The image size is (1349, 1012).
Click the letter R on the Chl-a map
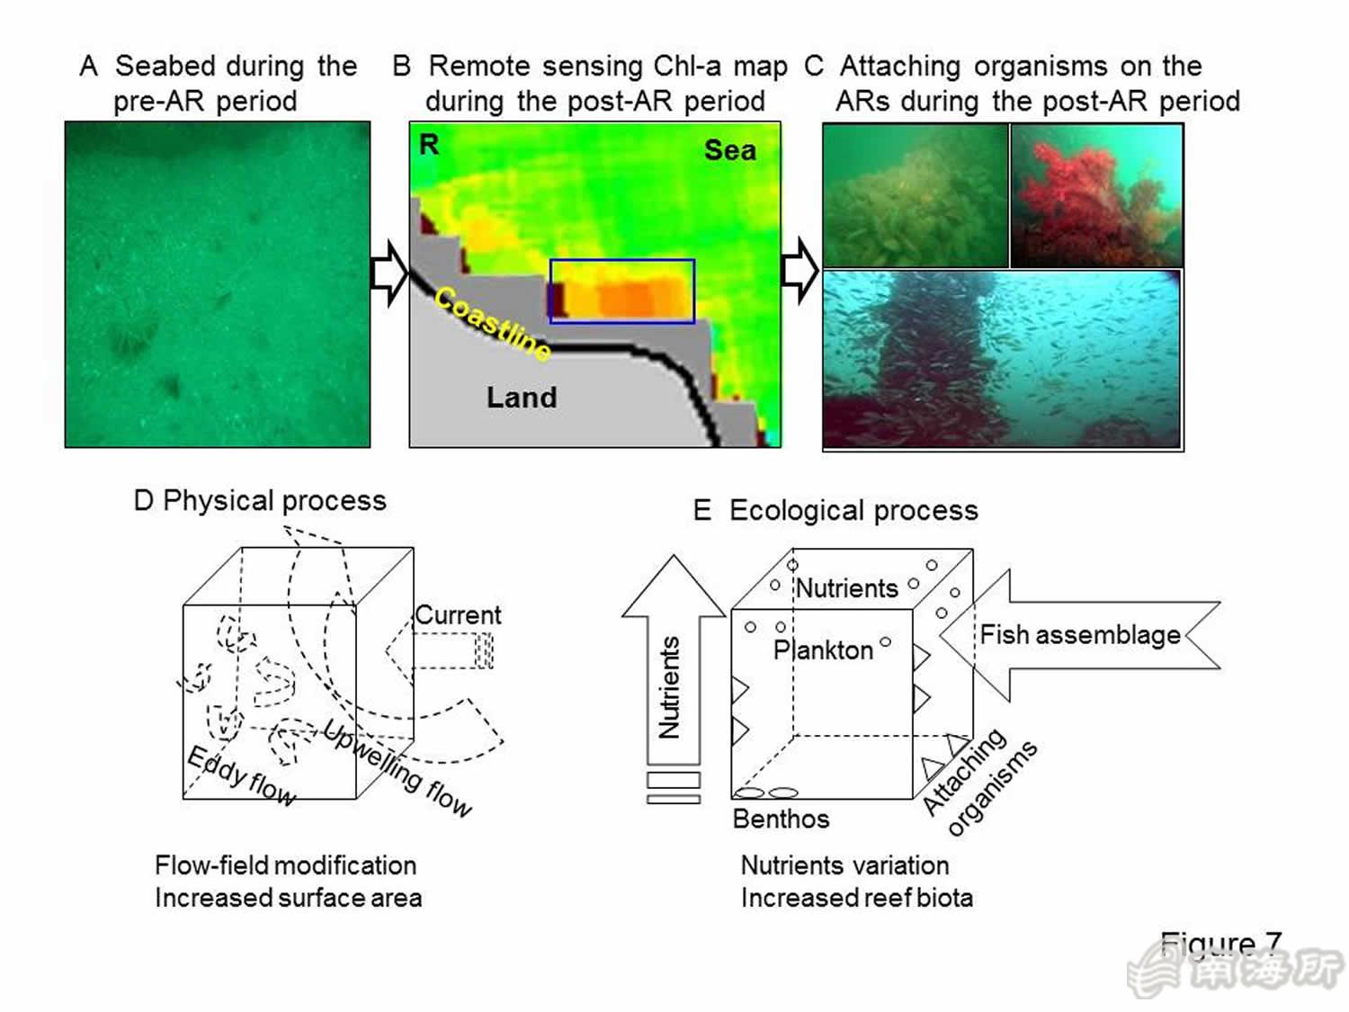tap(429, 145)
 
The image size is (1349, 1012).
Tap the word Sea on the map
tap(730, 150)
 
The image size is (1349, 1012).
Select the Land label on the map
tap(522, 398)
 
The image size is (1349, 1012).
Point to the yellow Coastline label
tap(493, 323)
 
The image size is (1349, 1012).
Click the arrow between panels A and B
tap(389, 273)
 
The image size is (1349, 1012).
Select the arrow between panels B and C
tap(800, 271)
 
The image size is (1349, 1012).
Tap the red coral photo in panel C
tap(1096, 195)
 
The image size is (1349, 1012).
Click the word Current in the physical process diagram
tap(458, 615)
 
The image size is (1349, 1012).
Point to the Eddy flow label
tap(241, 776)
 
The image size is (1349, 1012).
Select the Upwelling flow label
tap(398, 768)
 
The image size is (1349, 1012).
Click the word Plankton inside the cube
tap(823, 650)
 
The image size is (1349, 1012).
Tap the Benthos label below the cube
tap(782, 819)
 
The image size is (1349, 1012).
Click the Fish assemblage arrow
tap(1080, 635)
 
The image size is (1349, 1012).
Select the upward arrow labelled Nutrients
tap(674, 660)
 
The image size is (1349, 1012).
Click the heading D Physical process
tap(260, 501)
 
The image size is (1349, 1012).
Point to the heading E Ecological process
tap(835, 511)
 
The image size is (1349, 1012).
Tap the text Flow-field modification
tap(286, 865)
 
